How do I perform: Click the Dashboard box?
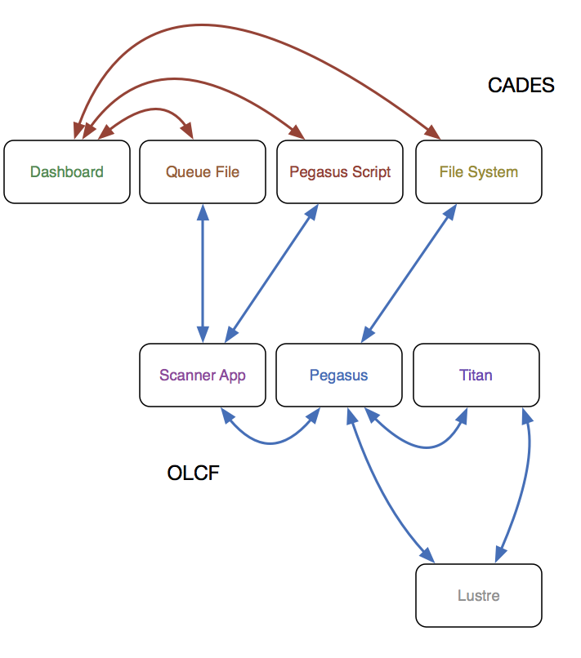[67, 171]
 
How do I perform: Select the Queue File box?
[203, 171]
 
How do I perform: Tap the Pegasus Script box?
[340, 171]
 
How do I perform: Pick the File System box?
[479, 171]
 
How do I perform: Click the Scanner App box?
[203, 376]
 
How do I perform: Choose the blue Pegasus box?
[339, 376]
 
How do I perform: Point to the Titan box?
[476, 376]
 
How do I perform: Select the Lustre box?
[479, 595]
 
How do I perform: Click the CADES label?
[521, 85]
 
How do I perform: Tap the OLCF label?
[193, 473]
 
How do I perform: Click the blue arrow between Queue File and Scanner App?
[203, 273]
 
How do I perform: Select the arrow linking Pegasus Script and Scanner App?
[272, 273]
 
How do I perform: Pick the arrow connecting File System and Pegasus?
[409, 273]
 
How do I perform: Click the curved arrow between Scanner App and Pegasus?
[270, 442]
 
